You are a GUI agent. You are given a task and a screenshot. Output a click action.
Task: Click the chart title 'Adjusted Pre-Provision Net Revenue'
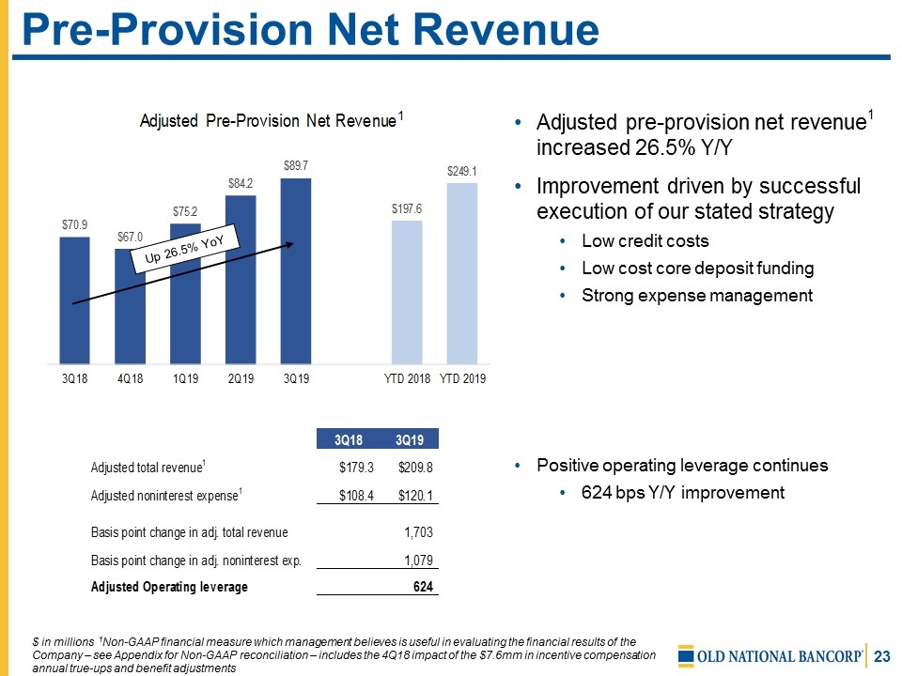268,121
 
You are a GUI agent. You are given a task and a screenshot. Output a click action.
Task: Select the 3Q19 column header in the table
409,439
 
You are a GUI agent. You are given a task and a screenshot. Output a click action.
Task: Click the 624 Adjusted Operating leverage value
425,587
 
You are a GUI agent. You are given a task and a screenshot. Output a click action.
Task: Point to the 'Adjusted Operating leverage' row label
169,587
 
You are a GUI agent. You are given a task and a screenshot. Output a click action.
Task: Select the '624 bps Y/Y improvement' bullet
683,492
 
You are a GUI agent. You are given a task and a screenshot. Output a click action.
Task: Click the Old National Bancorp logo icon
687,655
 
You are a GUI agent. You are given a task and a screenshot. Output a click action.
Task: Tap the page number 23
880,655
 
